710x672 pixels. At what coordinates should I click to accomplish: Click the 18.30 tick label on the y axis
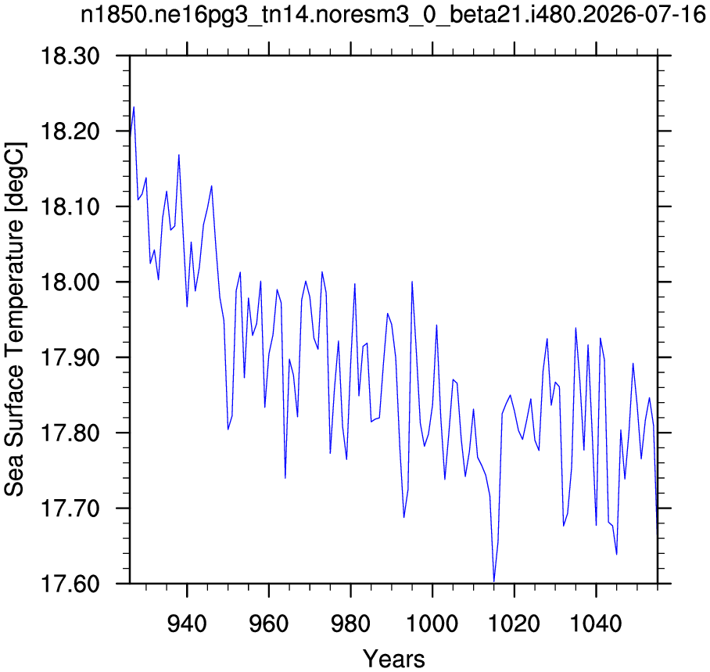(70, 56)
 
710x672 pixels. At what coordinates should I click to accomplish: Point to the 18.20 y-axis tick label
(70, 131)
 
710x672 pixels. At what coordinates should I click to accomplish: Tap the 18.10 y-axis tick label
(70, 207)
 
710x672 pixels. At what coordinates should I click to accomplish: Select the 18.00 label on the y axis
(70, 282)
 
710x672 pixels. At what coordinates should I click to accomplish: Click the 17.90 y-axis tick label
(70, 358)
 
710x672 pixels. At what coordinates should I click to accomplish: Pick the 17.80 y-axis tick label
(70, 433)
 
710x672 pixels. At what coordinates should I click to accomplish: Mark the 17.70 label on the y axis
(70, 508)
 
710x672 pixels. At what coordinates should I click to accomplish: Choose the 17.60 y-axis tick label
(70, 584)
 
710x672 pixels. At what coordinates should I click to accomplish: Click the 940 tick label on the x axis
(187, 623)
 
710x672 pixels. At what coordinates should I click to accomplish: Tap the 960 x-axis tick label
(269, 623)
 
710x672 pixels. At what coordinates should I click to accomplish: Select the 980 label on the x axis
(351, 623)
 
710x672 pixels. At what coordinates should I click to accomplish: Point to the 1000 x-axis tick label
(432, 623)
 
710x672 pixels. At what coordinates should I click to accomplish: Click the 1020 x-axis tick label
(515, 623)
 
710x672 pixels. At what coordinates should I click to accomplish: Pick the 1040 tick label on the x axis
(597, 623)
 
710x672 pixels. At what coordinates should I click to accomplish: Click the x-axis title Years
(394, 658)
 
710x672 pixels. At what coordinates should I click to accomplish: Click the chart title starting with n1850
(393, 16)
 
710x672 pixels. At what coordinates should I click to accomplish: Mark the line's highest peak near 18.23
(134, 107)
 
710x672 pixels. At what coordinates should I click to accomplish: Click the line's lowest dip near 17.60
(493, 581)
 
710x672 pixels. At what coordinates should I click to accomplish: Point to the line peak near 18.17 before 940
(179, 155)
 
